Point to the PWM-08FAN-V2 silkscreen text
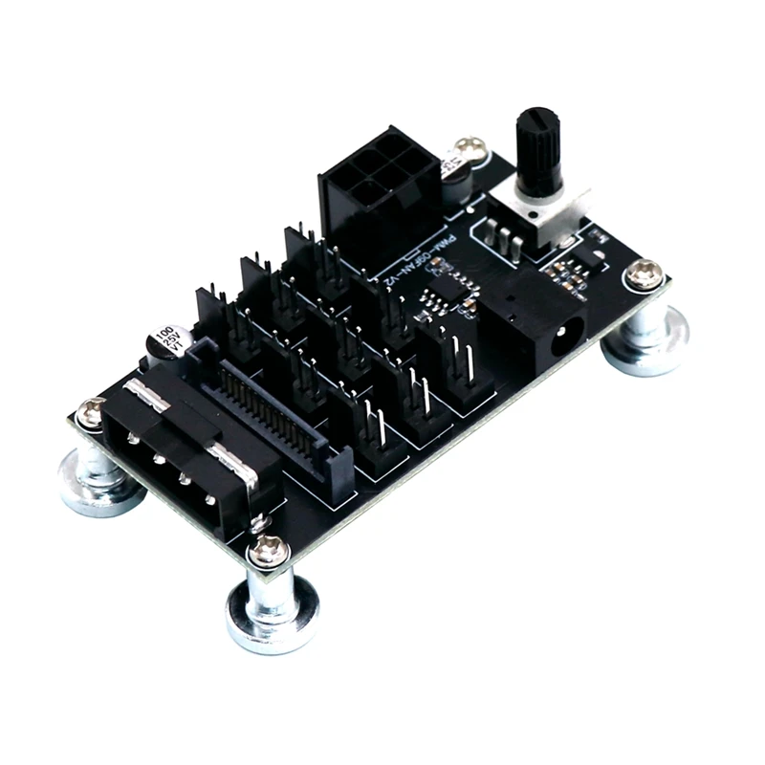pyautogui.click(x=412, y=260)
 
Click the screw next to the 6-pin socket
pyautogui.click(x=469, y=149)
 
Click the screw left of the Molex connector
pyautogui.click(x=92, y=412)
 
